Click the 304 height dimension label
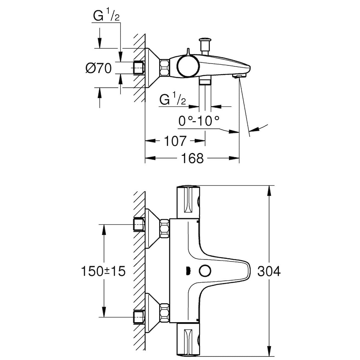(x=269, y=271)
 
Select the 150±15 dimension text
(x=103, y=271)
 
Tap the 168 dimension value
(x=192, y=158)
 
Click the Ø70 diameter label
(x=98, y=68)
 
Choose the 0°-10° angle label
(x=199, y=121)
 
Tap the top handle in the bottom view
(x=189, y=199)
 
